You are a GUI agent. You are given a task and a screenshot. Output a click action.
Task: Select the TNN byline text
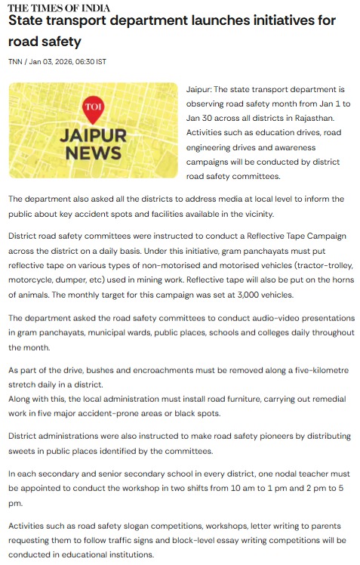point(15,61)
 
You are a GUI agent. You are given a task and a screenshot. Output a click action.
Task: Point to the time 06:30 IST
point(89,61)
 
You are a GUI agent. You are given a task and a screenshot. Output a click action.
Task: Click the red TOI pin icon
point(92,109)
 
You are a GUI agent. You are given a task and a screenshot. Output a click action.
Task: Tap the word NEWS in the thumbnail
point(93,153)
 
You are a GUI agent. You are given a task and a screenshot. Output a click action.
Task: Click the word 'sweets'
point(23,452)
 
